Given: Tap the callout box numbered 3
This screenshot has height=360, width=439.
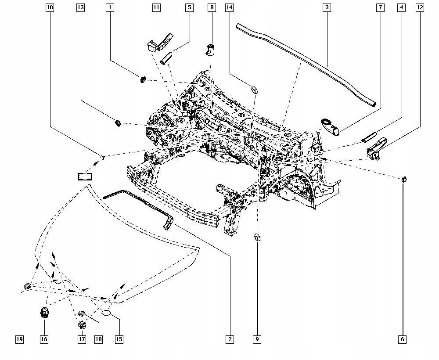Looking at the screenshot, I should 327,7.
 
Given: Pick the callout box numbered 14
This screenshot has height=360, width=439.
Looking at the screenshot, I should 229,7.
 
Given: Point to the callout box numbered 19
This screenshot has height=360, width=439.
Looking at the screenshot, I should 19,339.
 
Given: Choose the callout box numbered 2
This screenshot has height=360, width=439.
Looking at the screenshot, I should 230,339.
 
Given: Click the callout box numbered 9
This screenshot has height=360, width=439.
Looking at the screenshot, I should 257,339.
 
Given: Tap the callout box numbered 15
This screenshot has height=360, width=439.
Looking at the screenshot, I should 119,339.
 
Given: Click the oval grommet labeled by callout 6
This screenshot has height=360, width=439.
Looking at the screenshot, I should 404,179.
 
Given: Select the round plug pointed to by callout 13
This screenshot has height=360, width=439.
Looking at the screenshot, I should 118,122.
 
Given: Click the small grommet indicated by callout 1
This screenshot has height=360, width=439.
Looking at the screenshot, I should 143,79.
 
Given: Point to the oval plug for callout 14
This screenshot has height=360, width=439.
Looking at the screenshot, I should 254,90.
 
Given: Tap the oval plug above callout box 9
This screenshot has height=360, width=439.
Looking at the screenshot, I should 257,238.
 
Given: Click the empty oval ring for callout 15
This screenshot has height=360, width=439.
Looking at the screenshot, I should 107,313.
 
